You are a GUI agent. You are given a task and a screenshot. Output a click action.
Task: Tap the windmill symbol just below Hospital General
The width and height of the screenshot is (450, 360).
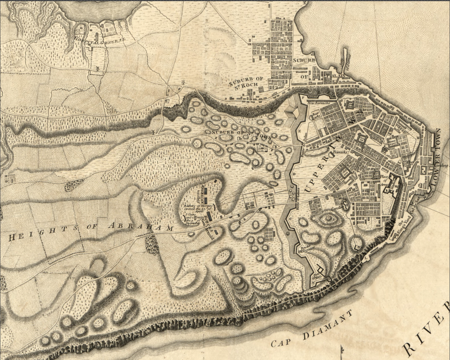click(97, 68)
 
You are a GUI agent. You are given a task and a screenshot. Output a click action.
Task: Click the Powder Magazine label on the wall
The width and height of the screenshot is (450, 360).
click(306, 247)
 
